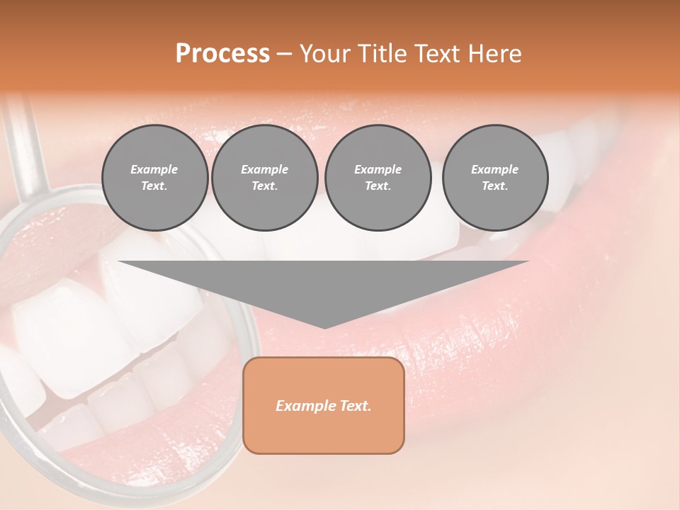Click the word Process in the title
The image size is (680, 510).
click(x=222, y=54)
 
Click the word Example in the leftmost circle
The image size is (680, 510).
click(x=154, y=169)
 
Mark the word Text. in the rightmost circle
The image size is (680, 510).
click(x=494, y=186)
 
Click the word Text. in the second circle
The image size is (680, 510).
click(x=264, y=186)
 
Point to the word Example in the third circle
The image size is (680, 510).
click(x=378, y=169)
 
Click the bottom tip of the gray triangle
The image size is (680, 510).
click(x=324, y=326)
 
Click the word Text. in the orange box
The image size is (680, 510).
click(x=356, y=406)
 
